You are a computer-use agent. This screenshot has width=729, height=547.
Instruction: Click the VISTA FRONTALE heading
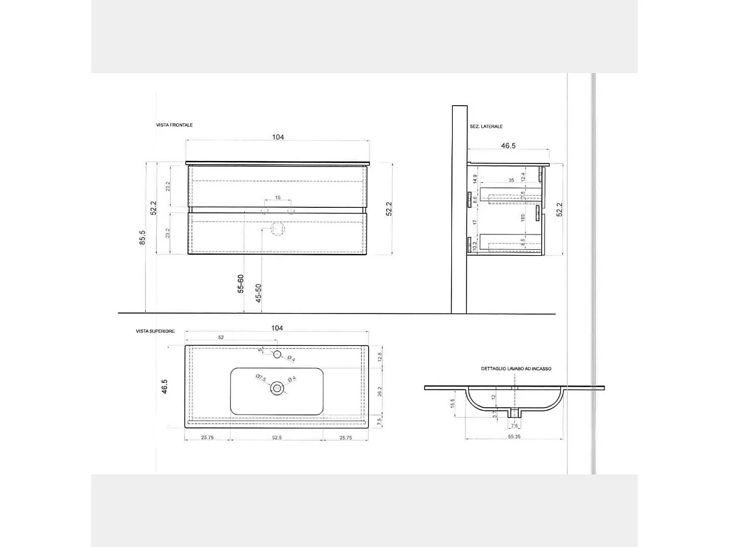(x=174, y=125)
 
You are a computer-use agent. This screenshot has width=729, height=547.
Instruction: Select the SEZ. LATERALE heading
(x=486, y=126)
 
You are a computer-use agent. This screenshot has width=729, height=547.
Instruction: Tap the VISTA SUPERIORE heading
(x=156, y=331)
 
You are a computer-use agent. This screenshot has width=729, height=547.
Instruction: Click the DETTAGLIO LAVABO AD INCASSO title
(x=516, y=369)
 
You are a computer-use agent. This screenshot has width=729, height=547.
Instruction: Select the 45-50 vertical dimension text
(x=258, y=293)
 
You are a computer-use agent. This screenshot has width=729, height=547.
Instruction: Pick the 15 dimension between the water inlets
(x=278, y=198)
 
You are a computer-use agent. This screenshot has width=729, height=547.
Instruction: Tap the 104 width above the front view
(x=278, y=137)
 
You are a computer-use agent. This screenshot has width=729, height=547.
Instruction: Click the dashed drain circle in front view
(x=278, y=230)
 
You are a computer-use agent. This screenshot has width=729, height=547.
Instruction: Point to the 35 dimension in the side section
(x=511, y=181)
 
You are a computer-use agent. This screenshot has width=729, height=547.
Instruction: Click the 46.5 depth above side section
(x=508, y=146)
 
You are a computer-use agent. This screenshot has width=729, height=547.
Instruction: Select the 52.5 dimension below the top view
(x=276, y=437)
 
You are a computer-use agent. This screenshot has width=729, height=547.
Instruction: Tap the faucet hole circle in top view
(x=277, y=354)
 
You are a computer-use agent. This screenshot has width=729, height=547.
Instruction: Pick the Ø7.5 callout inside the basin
(x=261, y=379)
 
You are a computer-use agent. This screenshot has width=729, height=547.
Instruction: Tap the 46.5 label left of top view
(x=164, y=387)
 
